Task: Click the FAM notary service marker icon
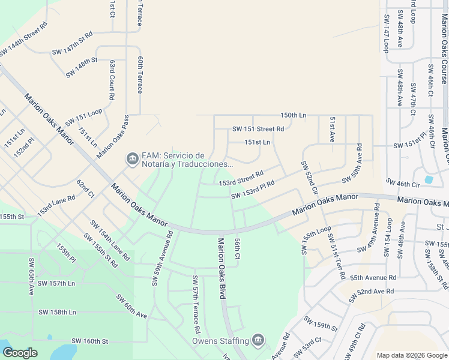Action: click(x=131, y=159)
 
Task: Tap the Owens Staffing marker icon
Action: click(x=258, y=341)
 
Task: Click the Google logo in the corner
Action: click(x=20, y=353)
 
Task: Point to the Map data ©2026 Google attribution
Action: click(x=411, y=355)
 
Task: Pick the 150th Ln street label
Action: click(x=293, y=115)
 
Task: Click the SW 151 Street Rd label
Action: click(x=258, y=129)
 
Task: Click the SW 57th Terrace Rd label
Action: click(x=195, y=305)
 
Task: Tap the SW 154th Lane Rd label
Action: click(x=110, y=240)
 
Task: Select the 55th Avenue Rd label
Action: click(x=373, y=278)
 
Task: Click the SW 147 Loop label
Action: click(x=385, y=33)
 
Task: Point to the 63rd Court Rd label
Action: click(x=112, y=79)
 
